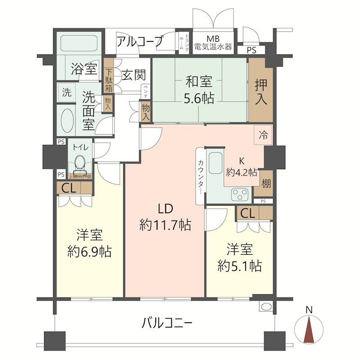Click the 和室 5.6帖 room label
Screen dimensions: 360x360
pos(199,90)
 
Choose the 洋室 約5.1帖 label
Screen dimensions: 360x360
pos(239,257)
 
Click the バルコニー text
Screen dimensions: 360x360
pos(167,323)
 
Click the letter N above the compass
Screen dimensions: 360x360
pos(309,310)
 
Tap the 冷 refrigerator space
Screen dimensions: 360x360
pos(263,135)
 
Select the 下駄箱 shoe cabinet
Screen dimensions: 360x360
pos(109,80)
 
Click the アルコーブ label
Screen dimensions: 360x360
pos(139,42)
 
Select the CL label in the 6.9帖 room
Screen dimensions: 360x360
pos(69,188)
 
